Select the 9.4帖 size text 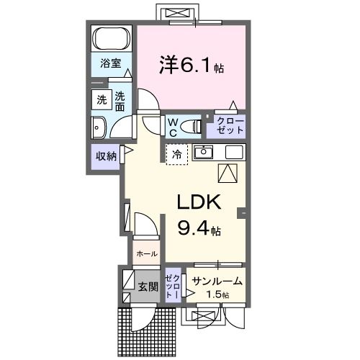[x=199, y=230]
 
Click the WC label [x=174, y=127]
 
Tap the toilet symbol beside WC [x=192, y=127]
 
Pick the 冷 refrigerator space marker [x=176, y=153]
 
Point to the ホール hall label [x=146, y=253]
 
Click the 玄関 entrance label [x=148, y=287]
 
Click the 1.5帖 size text [x=217, y=295]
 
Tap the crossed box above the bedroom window [x=177, y=13]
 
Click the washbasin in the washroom [x=99, y=127]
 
